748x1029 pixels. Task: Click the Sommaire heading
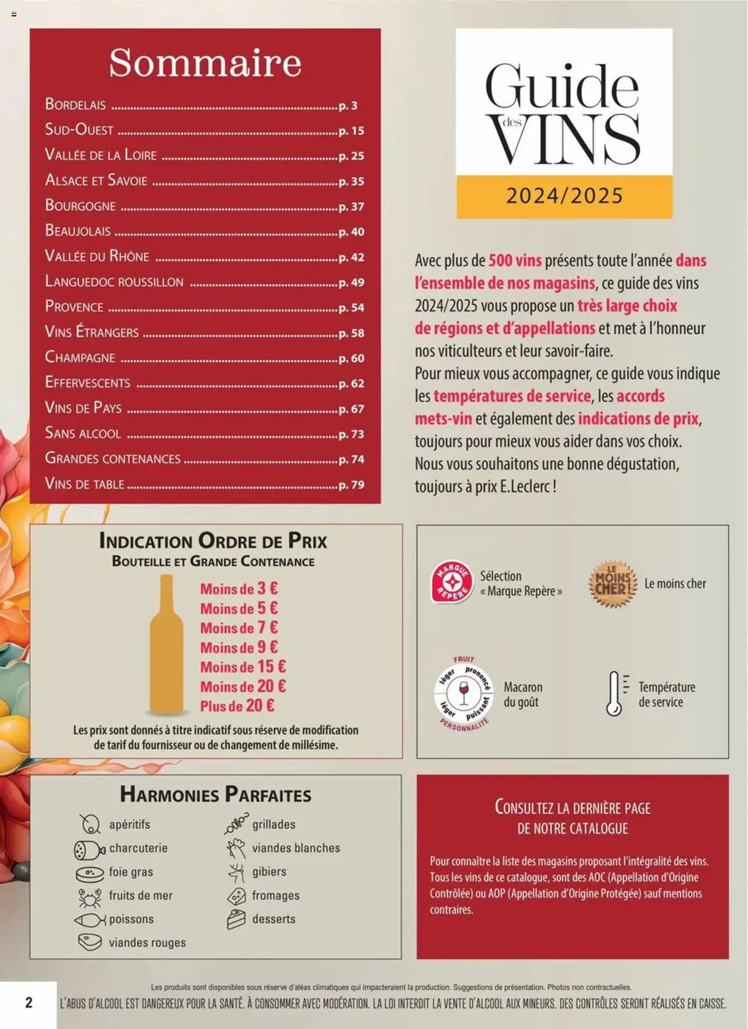[205, 63]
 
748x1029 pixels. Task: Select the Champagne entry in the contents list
[80, 357]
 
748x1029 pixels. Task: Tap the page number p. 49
[351, 283]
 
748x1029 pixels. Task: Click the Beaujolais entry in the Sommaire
[78, 231]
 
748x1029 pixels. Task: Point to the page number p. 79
[351, 485]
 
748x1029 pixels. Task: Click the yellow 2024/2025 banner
[564, 196]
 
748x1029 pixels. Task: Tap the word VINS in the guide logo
[564, 139]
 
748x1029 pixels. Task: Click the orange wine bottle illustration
[167, 646]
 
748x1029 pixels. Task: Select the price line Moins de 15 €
[243, 667]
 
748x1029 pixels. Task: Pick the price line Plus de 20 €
[237, 706]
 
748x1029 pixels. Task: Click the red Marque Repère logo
[451, 583]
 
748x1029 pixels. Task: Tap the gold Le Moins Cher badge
[612, 584]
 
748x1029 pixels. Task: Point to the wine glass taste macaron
[464, 694]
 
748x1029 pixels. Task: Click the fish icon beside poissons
[89, 920]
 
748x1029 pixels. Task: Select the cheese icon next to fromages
[236, 896]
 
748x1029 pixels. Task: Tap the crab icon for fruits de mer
[90, 896]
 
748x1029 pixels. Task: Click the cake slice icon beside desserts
[236, 919]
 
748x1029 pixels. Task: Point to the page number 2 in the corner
[29, 1003]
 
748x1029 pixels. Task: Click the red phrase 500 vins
[515, 261]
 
